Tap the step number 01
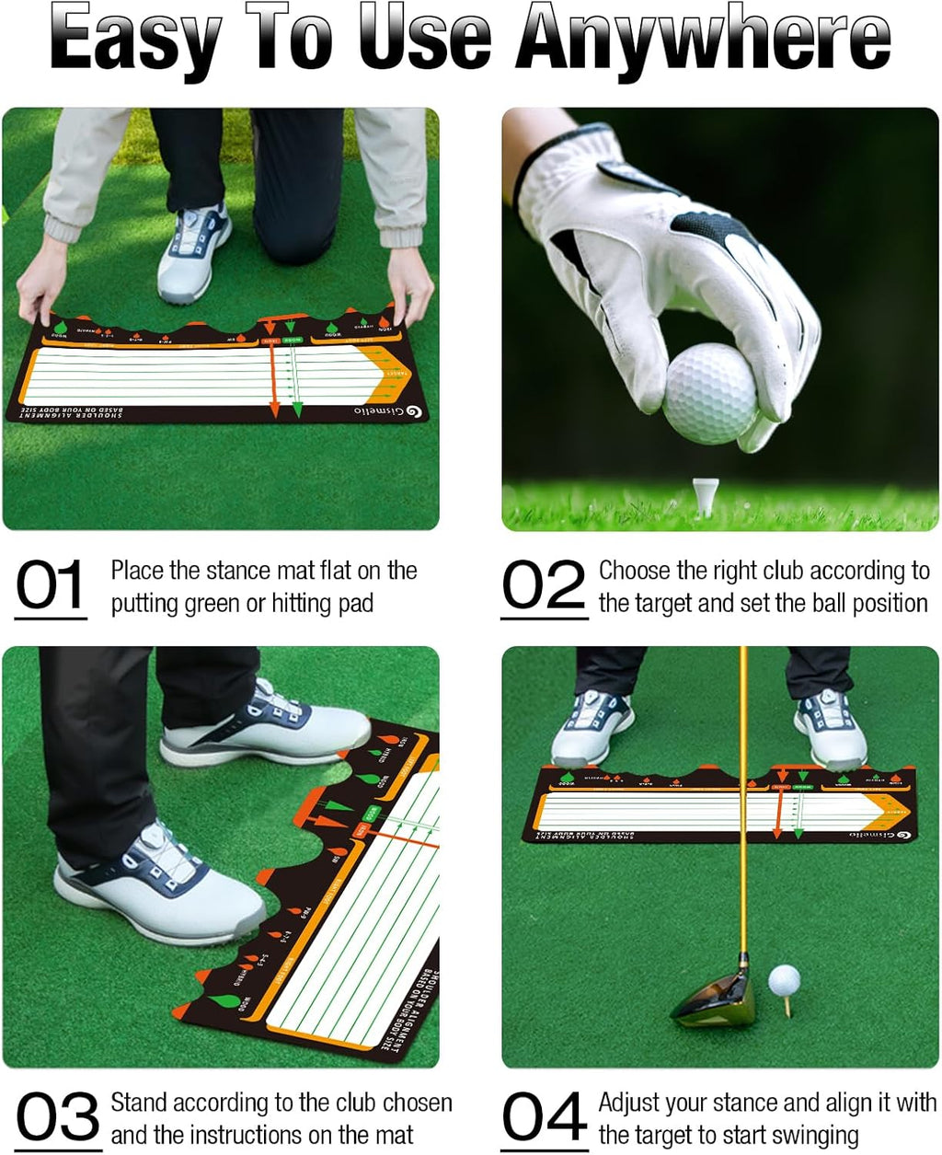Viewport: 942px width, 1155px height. point(51,586)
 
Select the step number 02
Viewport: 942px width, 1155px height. point(544,586)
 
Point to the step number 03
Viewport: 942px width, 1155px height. point(57,1117)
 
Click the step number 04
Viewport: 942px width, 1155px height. point(544,1117)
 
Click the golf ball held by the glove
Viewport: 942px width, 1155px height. point(709,393)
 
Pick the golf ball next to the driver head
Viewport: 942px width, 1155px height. point(784,980)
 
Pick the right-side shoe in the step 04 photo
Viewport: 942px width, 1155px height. point(830,727)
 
